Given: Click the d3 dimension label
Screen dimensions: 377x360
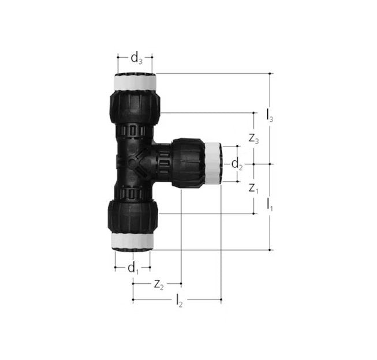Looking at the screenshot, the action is point(136,59).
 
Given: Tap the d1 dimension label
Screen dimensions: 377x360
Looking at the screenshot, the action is point(133,268).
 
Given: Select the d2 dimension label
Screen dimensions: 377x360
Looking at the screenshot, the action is point(237,164).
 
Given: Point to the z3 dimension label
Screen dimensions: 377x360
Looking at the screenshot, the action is point(253,139).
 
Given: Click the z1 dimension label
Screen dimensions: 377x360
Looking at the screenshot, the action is point(253,189).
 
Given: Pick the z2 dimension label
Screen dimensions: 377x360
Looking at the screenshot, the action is point(159,285).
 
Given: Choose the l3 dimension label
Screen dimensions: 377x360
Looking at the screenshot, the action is point(270,115).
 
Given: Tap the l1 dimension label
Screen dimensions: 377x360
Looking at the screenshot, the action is point(270,205).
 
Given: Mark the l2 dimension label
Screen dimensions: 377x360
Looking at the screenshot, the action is point(179,301).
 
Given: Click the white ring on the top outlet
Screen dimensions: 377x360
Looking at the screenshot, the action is point(135,82).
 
